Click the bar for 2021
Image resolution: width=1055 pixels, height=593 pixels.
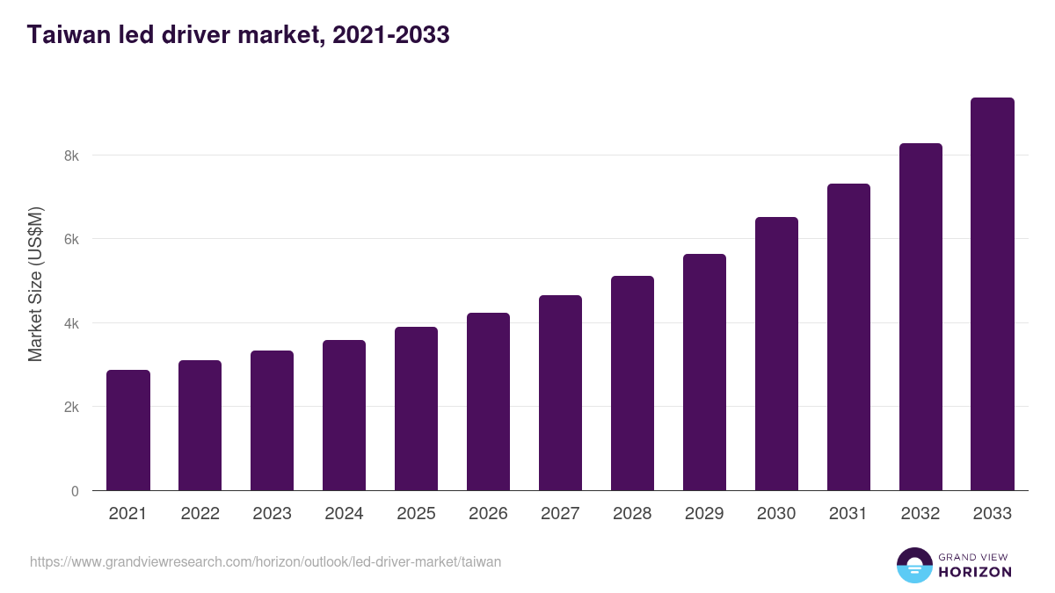click(x=128, y=430)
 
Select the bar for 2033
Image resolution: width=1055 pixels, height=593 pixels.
click(x=993, y=294)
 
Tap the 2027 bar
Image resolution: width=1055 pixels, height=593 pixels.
click(x=560, y=393)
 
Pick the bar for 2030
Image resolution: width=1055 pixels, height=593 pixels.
click(x=776, y=354)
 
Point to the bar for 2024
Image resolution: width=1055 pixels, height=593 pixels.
click(x=344, y=416)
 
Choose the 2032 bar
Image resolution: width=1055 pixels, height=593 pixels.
click(x=920, y=317)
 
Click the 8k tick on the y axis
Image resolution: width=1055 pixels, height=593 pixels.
click(x=70, y=155)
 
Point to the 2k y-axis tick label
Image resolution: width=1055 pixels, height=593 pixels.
click(x=70, y=408)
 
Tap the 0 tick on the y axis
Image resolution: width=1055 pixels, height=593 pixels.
click(x=75, y=491)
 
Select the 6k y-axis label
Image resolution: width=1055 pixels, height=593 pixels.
click(x=70, y=240)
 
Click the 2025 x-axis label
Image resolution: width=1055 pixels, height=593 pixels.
click(x=416, y=514)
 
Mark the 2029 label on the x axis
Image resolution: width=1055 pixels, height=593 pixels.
click(x=704, y=514)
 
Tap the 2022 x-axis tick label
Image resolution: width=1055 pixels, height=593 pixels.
click(x=200, y=514)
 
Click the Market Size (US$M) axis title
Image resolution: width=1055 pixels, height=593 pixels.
click(x=35, y=284)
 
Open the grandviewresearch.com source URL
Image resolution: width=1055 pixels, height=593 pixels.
click(x=266, y=561)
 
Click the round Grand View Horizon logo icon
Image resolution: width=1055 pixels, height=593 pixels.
click(x=913, y=565)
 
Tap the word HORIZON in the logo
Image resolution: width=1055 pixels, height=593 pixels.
click(x=975, y=572)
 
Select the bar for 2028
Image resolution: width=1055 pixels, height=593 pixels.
click(x=632, y=383)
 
